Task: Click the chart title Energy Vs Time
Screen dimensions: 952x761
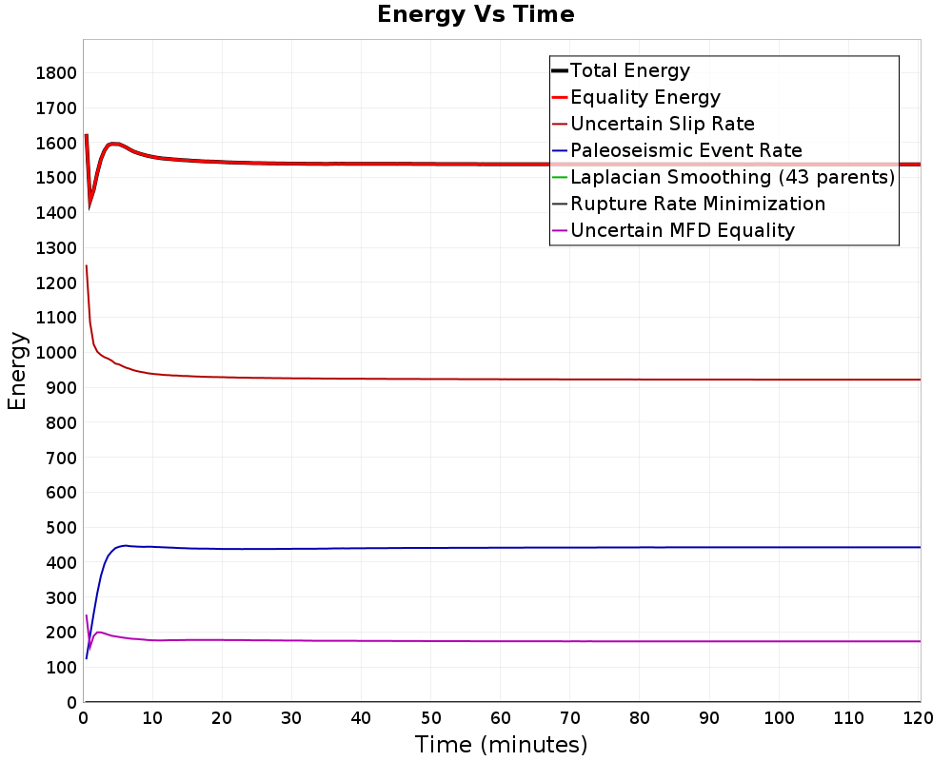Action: (x=475, y=14)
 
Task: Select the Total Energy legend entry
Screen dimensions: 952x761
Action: (x=621, y=70)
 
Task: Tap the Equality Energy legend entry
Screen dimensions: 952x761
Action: (x=636, y=97)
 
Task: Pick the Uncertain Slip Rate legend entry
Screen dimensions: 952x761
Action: (x=653, y=124)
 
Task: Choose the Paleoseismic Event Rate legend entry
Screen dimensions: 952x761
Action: (x=677, y=150)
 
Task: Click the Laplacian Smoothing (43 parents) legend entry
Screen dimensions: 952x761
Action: (x=724, y=177)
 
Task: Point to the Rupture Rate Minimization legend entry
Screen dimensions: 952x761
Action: (x=688, y=204)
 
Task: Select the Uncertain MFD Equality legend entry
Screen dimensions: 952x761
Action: (x=673, y=230)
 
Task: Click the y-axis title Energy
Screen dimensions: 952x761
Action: (x=17, y=371)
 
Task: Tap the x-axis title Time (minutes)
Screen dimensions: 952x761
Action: (x=501, y=745)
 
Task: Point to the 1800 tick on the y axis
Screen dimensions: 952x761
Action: (x=56, y=73)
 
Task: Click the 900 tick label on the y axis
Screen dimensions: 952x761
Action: (x=61, y=388)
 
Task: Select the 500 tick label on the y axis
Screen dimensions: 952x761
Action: (x=61, y=528)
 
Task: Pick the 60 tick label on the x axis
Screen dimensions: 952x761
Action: (x=501, y=718)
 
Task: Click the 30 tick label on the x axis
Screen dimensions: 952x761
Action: (x=291, y=718)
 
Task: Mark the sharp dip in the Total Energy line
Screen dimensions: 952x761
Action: (x=89, y=206)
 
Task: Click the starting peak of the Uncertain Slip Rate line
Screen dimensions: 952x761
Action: (x=87, y=265)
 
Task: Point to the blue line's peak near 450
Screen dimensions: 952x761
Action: (x=125, y=546)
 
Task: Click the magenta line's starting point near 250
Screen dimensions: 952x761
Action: (x=87, y=615)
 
